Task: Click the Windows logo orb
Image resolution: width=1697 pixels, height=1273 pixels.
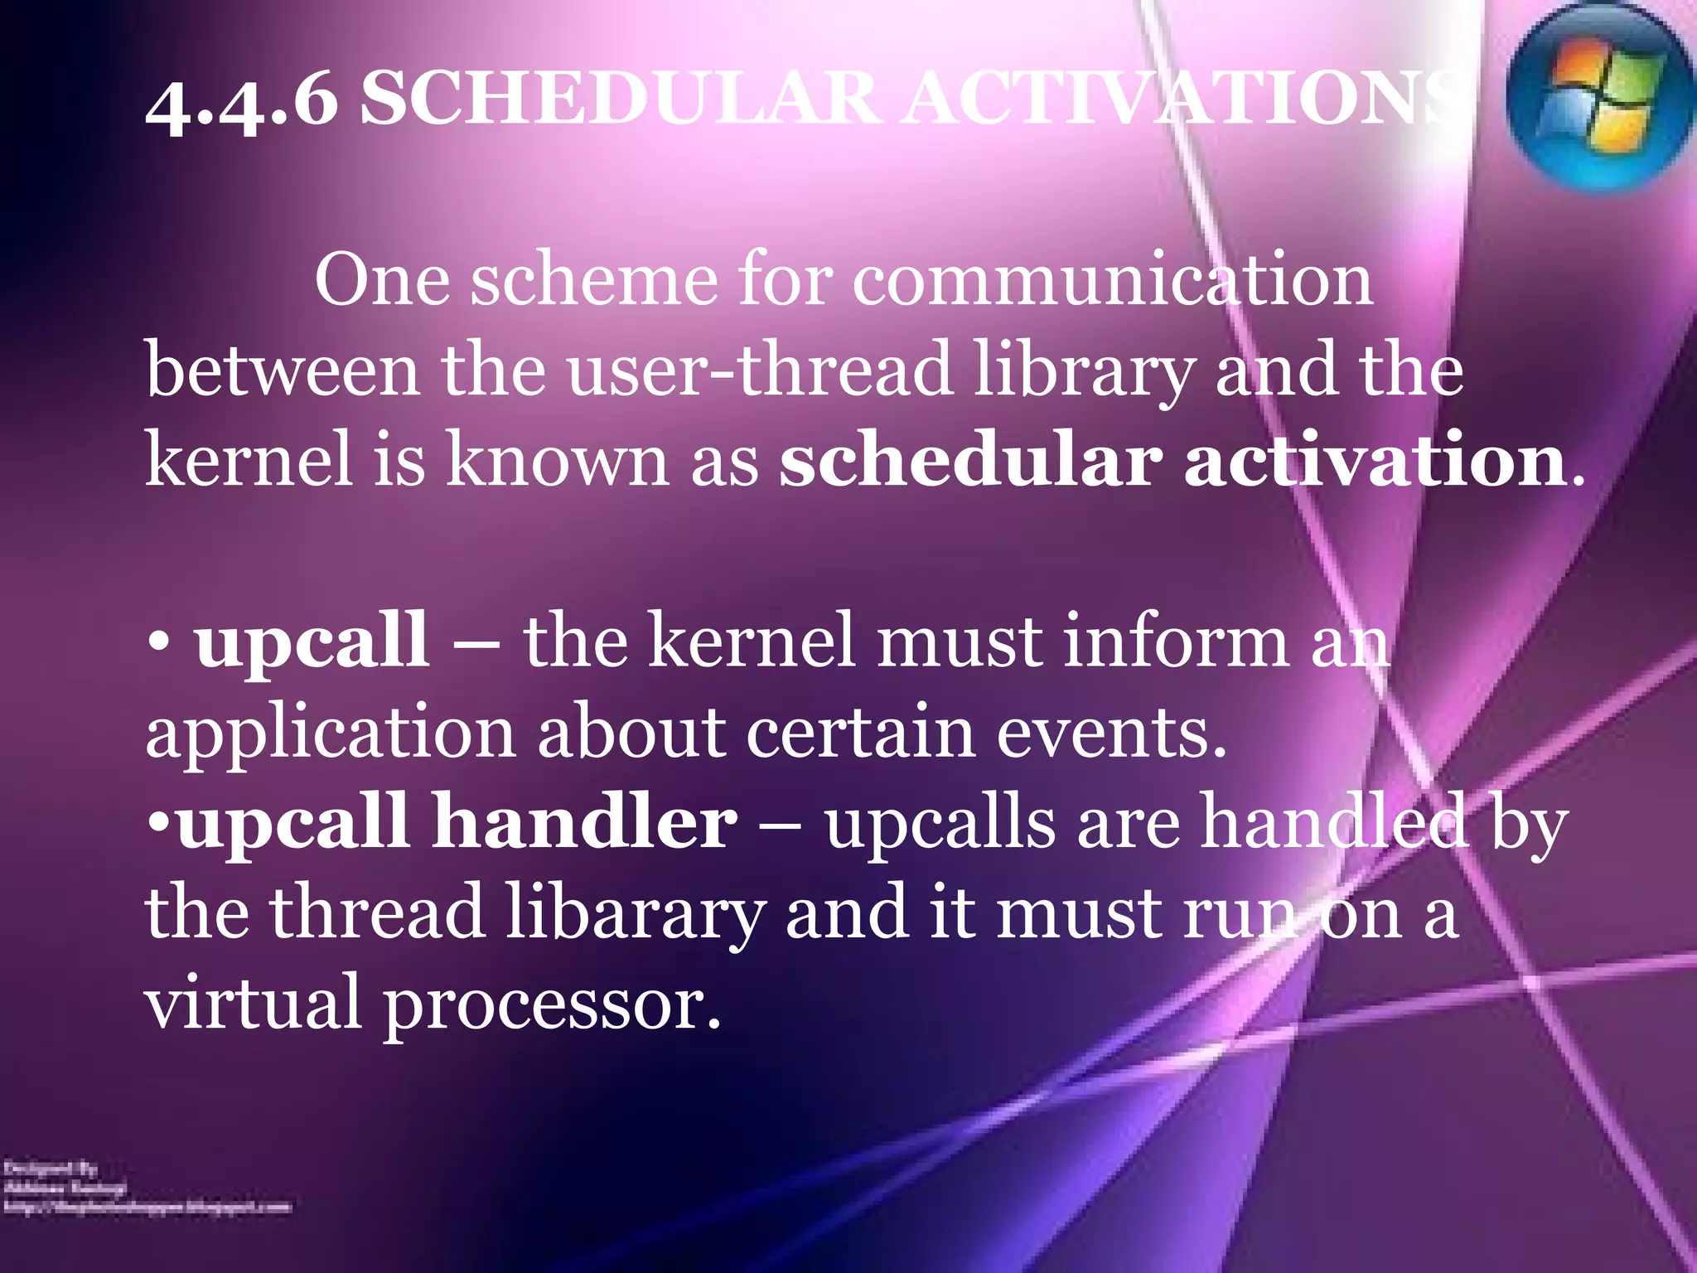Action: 1599,98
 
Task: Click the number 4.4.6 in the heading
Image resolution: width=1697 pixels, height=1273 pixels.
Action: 241,103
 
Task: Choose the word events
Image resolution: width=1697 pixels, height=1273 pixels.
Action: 1110,733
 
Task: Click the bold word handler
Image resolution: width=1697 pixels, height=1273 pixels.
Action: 585,822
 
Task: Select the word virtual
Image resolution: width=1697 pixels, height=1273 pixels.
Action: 253,1003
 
